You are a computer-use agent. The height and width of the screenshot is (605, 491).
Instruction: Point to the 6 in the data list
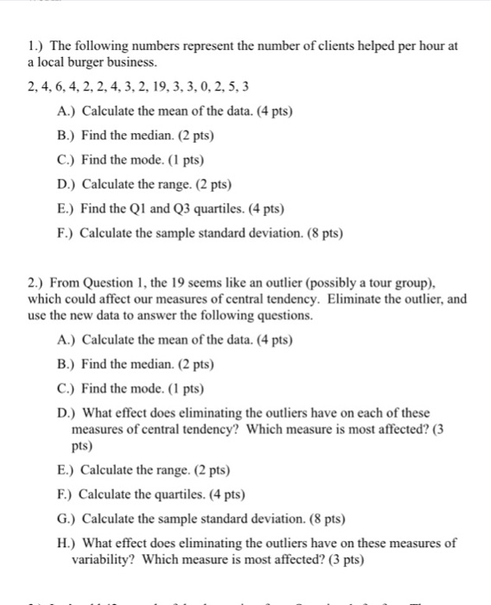tap(61, 88)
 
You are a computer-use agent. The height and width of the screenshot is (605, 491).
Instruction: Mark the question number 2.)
tap(35, 283)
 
